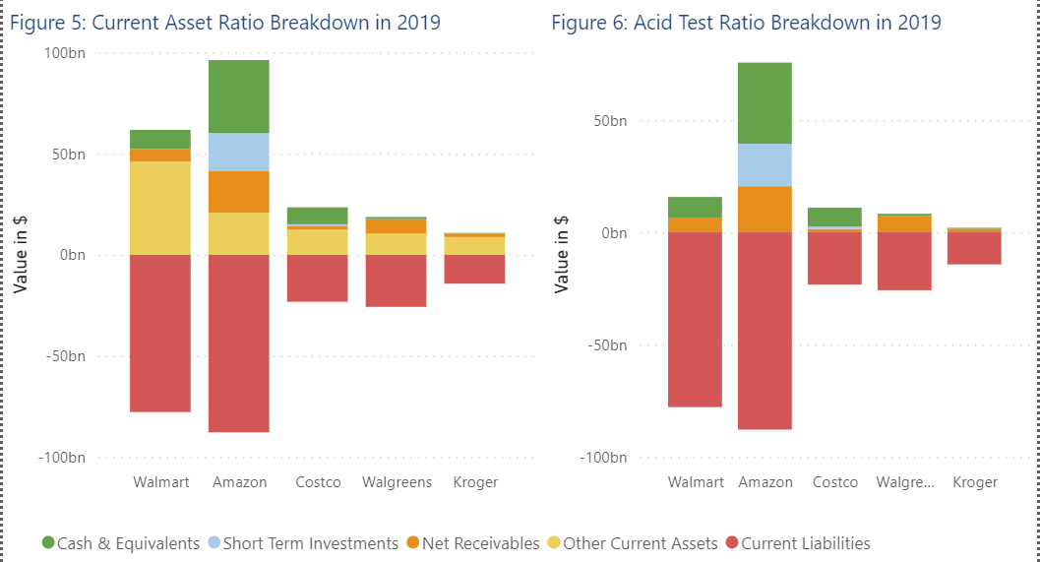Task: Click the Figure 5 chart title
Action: tap(224, 22)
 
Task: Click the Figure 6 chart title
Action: tap(746, 22)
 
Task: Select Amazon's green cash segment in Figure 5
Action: tap(239, 95)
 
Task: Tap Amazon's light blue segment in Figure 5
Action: tap(239, 152)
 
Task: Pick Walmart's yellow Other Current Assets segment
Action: tap(160, 208)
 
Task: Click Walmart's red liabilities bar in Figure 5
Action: tap(160, 333)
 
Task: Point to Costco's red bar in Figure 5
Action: tap(318, 278)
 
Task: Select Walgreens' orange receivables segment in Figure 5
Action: tap(397, 225)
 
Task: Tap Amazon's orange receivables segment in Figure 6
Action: tap(765, 209)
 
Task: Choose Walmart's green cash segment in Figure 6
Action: tap(695, 207)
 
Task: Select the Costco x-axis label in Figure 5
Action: tap(318, 482)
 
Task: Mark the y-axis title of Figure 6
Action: tap(562, 255)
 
